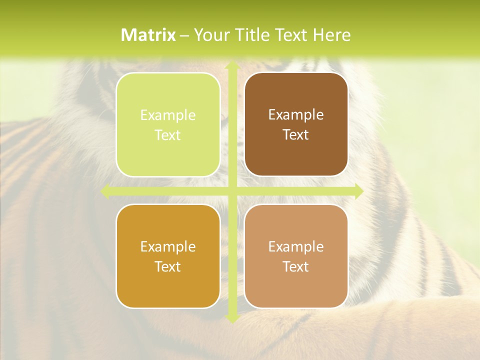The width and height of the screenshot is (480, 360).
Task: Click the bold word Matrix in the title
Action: (x=148, y=35)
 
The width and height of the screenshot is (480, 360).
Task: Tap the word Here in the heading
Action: (x=331, y=35)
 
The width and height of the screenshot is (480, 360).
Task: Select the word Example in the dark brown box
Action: (x=296, y=115)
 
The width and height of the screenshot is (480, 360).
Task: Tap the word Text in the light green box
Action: (x=168, y=135)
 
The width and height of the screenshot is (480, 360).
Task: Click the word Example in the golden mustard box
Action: (x=168, y=246)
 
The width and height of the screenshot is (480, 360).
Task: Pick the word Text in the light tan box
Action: (x=296, y=266)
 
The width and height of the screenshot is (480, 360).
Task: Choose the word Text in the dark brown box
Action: (x=296, y=135)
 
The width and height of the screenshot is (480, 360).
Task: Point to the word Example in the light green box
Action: (x=168, y=115)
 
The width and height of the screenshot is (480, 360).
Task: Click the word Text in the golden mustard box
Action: (x=168, y=266)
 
